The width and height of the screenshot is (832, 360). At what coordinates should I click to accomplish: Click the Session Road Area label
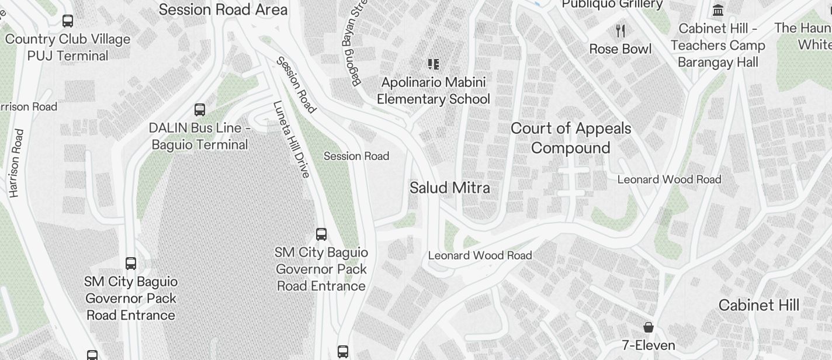223,9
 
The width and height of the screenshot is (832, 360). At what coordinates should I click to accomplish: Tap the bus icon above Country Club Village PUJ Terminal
68,21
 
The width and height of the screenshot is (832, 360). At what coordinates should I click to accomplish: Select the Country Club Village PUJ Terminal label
68,47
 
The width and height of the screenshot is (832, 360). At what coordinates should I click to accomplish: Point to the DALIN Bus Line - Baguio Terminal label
200,136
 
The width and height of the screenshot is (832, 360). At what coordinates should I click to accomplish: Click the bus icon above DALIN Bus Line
200,109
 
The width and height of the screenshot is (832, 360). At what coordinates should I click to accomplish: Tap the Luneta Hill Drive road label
290,140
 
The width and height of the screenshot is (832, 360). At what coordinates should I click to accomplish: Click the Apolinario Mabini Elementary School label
434,91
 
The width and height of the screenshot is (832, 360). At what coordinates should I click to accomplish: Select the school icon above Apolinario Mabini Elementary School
433,64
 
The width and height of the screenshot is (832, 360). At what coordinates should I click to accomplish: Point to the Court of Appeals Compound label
571,138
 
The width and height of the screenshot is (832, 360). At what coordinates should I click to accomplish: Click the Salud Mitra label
449,188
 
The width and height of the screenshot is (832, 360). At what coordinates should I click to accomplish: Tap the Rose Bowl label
620,49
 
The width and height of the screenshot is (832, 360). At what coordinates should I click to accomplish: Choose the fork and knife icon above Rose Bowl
620,30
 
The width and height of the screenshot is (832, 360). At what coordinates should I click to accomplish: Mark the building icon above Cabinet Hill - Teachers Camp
718,10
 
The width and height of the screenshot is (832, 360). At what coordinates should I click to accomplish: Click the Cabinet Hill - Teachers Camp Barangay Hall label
718,46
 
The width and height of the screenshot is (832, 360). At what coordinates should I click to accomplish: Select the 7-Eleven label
649,345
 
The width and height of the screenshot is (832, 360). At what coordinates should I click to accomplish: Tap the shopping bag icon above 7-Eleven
649,327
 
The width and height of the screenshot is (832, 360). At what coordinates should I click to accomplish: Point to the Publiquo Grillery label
612,5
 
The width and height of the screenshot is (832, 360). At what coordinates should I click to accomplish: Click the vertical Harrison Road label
15,163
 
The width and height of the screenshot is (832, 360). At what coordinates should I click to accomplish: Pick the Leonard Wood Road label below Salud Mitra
480,255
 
